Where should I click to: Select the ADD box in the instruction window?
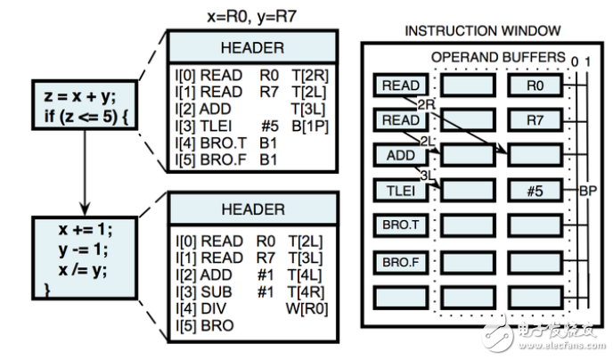[400, 154]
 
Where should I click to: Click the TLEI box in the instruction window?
[400, 189]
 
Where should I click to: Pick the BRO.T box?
[400, 225]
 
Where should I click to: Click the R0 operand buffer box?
[535, 86]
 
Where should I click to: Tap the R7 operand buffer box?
[535, 119]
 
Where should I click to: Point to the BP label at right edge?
[588, 190]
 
